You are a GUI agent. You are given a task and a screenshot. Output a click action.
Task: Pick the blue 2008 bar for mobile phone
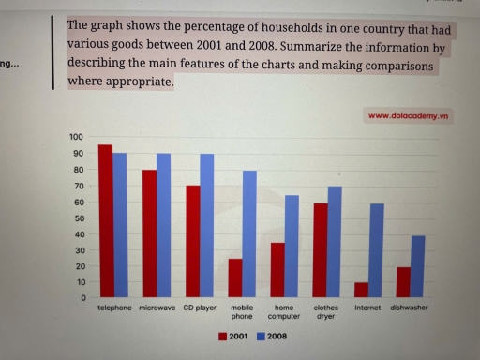pos(250,233)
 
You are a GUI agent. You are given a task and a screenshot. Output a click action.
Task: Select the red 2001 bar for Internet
pos(362,290)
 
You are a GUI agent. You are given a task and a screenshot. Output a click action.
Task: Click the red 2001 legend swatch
pos(223,335)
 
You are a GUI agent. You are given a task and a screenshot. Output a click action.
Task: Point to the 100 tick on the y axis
pos(77,137)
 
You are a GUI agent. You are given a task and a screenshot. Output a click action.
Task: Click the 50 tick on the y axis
pos(79,217)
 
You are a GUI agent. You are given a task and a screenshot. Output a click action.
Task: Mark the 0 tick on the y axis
pos(82,298)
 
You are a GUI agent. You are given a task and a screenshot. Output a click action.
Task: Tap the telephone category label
pos(114,308)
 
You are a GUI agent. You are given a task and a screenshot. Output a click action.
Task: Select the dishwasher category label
pos(410,308)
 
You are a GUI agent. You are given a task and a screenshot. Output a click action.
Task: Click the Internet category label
pos(367,308)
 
